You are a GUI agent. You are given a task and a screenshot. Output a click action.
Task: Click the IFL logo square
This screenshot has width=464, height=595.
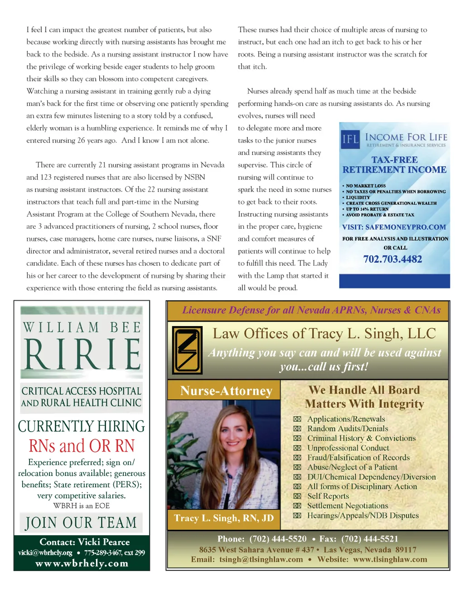point(351,139)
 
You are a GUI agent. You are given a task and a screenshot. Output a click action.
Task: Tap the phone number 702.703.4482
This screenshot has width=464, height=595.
point(392,259)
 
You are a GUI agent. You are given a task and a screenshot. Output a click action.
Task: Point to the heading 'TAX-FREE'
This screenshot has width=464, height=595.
point(394,160)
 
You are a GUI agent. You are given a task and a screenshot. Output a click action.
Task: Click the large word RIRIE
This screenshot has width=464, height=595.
point(82,354)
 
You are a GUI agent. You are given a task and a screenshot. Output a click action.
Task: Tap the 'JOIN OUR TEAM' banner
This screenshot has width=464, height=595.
point(81,523)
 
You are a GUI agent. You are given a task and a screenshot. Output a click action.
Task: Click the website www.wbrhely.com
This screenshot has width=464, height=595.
point(82,563)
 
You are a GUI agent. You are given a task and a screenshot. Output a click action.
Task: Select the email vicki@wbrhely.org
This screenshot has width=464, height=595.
point(45,552)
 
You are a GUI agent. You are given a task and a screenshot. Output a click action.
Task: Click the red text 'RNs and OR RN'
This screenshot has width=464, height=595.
point(82,446)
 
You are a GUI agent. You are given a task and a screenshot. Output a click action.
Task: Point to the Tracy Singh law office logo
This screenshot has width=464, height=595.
point(187,350)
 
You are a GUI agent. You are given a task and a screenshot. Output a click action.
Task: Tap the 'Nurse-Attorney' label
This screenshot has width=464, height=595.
point(226,391)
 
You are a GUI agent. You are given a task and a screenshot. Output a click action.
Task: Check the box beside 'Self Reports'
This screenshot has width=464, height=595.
point(297,496)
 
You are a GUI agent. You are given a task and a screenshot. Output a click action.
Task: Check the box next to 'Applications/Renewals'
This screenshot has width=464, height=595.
point(297,419)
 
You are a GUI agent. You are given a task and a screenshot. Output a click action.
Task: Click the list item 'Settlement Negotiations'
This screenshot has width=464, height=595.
point(348,506)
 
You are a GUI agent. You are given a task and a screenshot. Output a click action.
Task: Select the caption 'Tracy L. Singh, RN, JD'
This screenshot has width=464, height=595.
point(224,518)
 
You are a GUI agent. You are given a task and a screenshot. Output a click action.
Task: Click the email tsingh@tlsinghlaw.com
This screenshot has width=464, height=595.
point(261,560)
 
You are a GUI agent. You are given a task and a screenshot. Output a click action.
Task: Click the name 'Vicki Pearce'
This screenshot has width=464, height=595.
point(103,542)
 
